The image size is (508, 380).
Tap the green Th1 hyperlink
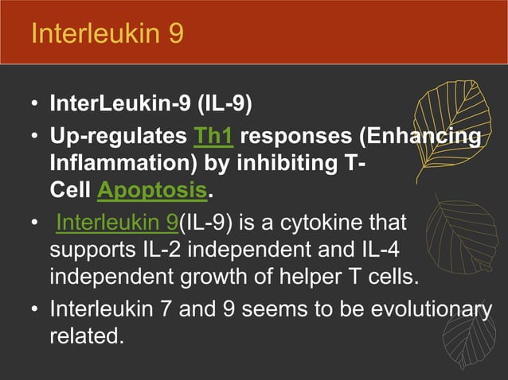point(213,137)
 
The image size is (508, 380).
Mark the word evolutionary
point(424,309)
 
